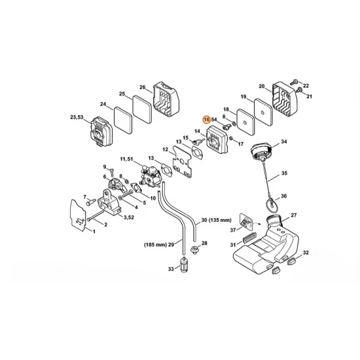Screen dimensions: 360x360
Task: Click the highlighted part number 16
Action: click(x=207, y=120)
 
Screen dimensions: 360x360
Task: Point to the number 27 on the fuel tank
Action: click(x=293, y=215)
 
